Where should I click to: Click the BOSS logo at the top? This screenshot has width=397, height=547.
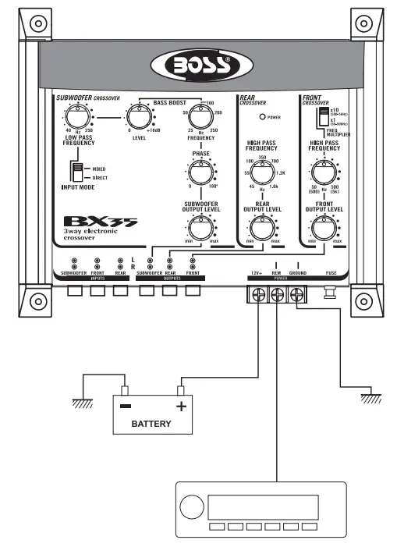click(x=199, y=65)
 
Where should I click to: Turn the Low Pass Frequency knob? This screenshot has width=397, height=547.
click(x=79, y=119)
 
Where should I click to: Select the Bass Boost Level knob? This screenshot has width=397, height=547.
click(x=140, y=119)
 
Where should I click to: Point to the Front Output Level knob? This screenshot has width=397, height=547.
click(x=324, y=228)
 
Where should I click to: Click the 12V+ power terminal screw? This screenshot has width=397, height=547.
click(x=256, y=296)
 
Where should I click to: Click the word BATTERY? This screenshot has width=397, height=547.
click(x=151, y=424)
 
